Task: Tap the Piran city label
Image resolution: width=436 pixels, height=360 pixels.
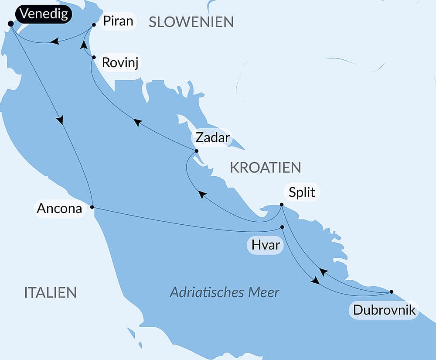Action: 118,21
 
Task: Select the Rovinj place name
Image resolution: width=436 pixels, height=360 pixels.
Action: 121,62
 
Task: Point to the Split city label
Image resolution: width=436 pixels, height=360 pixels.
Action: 302,192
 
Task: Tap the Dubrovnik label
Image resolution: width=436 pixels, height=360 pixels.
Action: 384,310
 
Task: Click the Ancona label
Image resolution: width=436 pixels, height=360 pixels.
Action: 59,209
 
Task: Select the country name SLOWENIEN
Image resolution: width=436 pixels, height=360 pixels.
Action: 191,22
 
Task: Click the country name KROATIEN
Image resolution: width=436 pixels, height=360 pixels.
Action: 265,168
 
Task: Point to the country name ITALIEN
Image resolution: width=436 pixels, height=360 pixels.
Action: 51,292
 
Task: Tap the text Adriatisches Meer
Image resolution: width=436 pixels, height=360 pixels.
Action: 225,292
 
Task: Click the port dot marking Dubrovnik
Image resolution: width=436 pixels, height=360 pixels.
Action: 391,291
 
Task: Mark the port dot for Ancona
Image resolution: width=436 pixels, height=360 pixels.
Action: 92,207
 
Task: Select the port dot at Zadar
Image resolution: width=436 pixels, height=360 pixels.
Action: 196,151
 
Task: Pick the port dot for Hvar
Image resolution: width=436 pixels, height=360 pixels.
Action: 282,227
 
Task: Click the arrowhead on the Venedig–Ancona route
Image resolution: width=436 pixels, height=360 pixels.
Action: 60,120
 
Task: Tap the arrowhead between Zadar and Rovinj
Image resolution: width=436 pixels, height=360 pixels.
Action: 137,123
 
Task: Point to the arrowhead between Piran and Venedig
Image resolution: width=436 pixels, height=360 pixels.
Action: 54,41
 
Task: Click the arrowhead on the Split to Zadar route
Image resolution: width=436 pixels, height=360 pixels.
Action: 202,194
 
